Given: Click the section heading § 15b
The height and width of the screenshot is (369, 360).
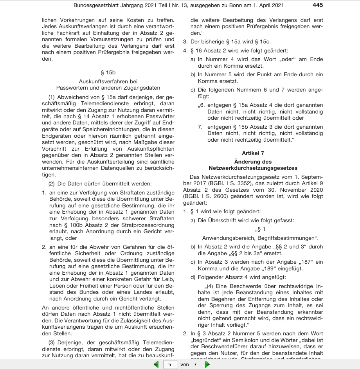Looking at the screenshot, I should coord(108,72).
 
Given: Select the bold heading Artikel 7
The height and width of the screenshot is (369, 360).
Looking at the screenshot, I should coord(253,153).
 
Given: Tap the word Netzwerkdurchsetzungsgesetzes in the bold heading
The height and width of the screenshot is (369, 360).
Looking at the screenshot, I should coord(253,167).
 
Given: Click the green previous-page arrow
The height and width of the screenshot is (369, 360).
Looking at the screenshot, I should coord(156,364).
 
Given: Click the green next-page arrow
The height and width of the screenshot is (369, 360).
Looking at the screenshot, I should coord(207,364).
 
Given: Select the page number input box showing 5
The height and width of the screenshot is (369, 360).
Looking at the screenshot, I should coord(169,364).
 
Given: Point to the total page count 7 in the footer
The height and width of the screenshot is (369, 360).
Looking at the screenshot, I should coord(195,364).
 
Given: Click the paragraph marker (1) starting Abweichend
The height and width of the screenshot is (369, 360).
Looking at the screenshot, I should coord(52,97).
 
